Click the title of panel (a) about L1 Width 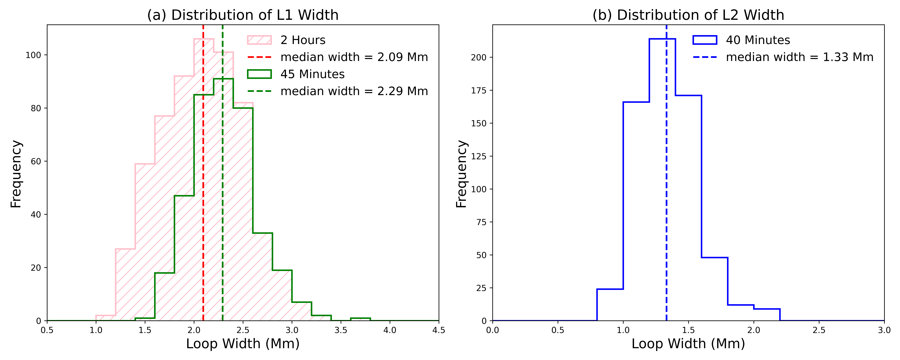(243, 15)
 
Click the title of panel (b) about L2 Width (688, 15)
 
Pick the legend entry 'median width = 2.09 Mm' (354, 57)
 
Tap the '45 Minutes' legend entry (312, 74)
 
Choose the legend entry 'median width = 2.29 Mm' (354, 91)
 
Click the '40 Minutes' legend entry (758, 40)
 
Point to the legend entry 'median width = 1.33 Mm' (799, 57)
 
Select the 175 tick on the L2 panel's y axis (479, 90)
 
